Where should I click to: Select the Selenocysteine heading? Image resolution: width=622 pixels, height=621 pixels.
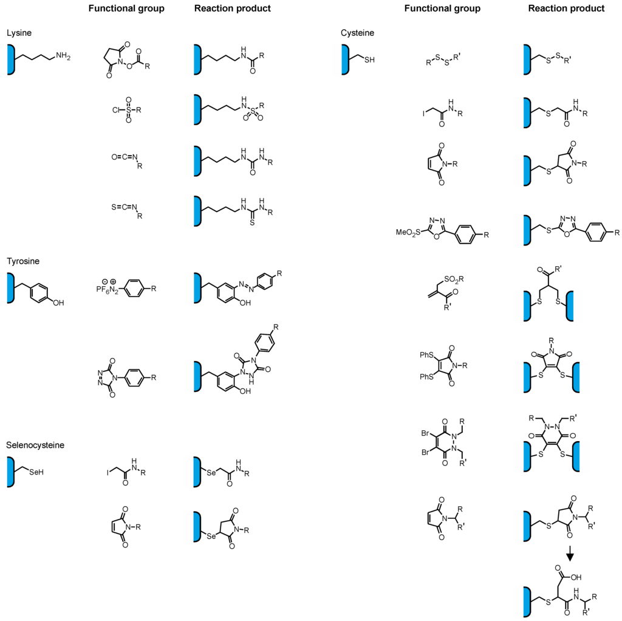[35, 445]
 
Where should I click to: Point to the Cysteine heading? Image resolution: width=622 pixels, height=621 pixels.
[358, 32]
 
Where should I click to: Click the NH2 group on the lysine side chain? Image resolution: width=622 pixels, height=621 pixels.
[63, 57]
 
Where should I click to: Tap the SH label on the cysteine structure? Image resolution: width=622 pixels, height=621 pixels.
[369, 60]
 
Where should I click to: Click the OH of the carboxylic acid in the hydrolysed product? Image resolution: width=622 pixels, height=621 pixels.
[575, 578]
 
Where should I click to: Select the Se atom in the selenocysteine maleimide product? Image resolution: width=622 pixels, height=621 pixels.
[211, 537]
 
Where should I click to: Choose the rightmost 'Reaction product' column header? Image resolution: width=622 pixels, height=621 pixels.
[566, 9]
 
